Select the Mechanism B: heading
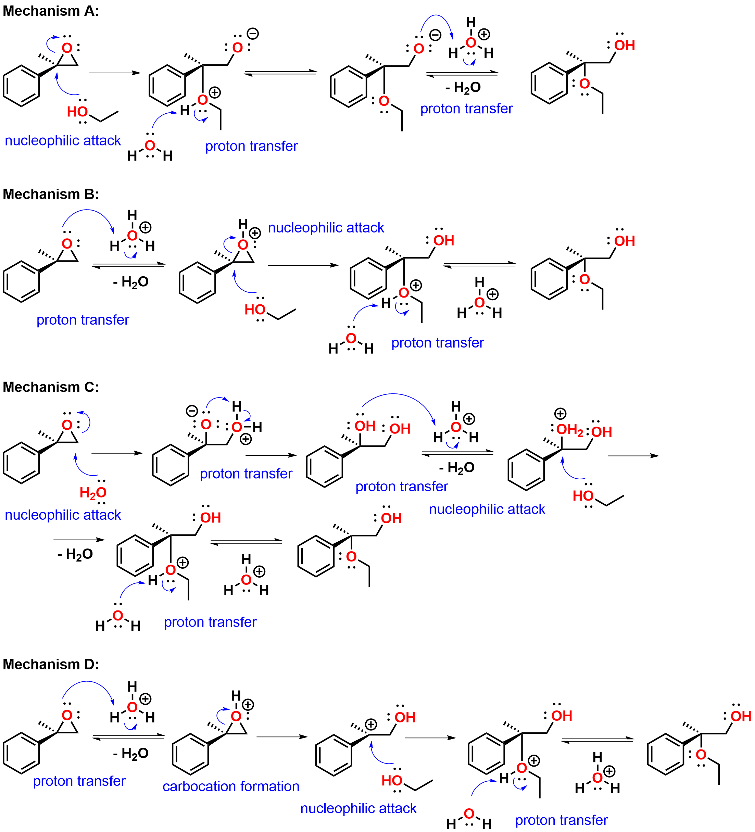tap(51, 194)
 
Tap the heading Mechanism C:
tap(51, 387)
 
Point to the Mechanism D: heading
tap(51, 665)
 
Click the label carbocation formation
tap(231, 786)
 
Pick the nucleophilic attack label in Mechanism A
tap(63, 141)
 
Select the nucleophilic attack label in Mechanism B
tap(326, 228)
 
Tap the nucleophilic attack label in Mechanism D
tap(358, 808)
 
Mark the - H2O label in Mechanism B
tap(131, 282)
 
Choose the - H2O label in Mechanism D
tap(131, 754)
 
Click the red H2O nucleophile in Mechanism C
tap(93, 492)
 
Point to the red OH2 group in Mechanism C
tap(570, 430)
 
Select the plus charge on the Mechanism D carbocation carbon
tap(371, 724)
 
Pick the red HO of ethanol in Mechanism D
tap(392, 780)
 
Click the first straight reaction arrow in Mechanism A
tap(115, 73)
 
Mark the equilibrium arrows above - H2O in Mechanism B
tap(129, 265)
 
